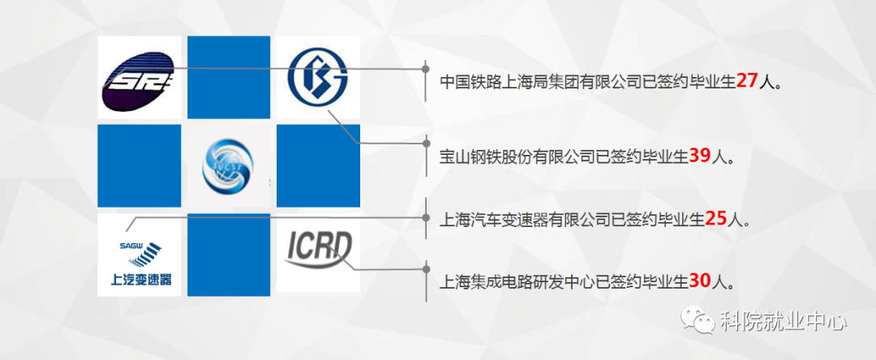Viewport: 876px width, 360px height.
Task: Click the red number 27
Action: (x=746, y=81)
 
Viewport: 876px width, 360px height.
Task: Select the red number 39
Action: (x=699, y=156)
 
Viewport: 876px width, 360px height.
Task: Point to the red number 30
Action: (x=699, y=281)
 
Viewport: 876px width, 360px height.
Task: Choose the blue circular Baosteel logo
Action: (x=318, y=78)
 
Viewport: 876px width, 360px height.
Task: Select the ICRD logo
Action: (x=320, y=249)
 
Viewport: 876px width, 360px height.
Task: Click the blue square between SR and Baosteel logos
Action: (x=228, y=78)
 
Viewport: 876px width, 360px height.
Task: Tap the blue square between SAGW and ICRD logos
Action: (x=228, y=255)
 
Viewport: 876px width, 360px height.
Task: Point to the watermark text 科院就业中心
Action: (x=784, y=322)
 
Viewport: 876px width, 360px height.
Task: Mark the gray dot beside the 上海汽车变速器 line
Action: (x=427, y=218)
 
